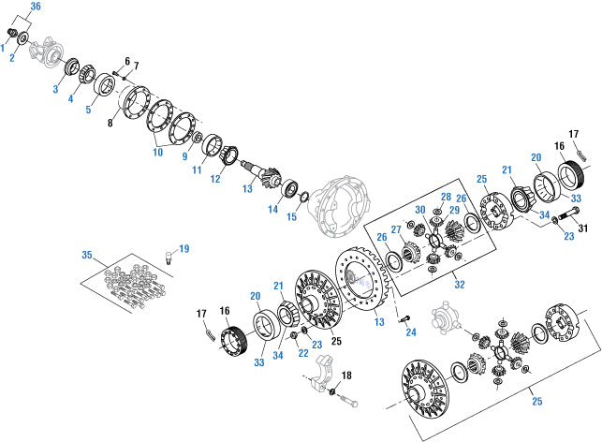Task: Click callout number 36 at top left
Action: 35,7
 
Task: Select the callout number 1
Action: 4,47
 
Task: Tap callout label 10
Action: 157,152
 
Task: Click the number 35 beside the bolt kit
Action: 86,254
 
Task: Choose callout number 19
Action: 184,248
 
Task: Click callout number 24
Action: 410,332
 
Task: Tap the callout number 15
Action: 291,217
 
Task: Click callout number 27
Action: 396,229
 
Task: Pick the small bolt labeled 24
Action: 404,318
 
